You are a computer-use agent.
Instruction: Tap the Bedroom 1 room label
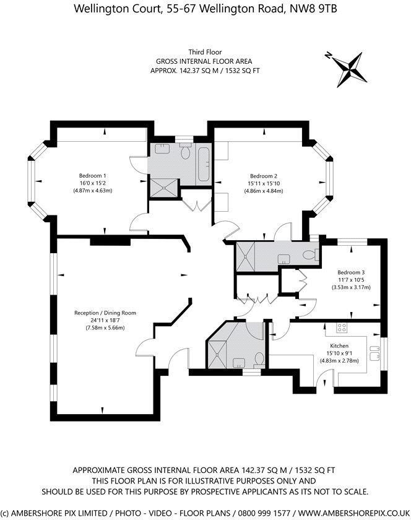(x=92, y=175)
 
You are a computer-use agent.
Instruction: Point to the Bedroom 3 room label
(x=351, y=272)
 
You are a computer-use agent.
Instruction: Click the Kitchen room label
(x=339, y=345)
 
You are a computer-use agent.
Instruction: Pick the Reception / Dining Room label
(x=105, y=313)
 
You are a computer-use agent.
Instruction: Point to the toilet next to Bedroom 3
(x=311, y=254)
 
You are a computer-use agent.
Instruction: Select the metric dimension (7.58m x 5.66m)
(x=105, y=328)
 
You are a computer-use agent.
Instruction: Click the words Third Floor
(x=205, y=53)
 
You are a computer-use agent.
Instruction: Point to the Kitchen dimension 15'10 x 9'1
(x=339, y=353)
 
